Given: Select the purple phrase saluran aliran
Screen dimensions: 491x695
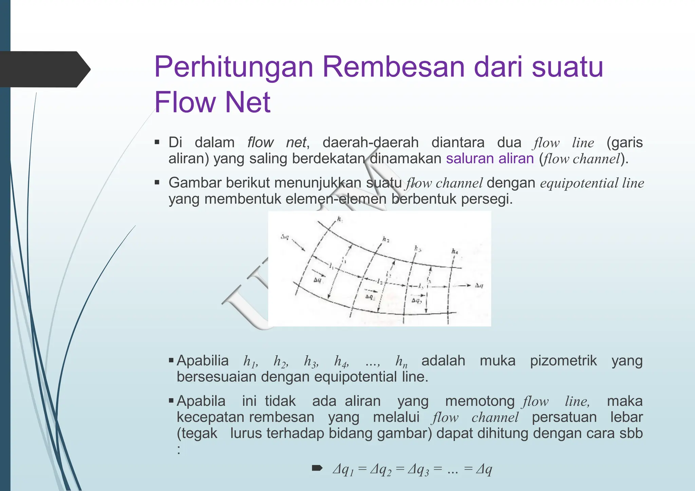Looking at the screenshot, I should point(490,159).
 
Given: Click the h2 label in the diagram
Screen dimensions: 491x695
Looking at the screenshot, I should point(386,240).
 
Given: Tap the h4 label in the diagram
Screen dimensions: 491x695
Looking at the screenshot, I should point(455,252).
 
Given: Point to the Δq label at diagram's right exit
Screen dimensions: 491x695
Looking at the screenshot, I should point(479,285).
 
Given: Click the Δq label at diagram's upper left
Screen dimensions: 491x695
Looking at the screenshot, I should point(285,237).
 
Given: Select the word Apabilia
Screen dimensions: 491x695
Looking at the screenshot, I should point(203,360).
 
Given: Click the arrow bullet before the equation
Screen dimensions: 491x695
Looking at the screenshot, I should point(317,469).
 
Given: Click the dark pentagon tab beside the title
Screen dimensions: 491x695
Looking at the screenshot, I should point(44,69).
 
